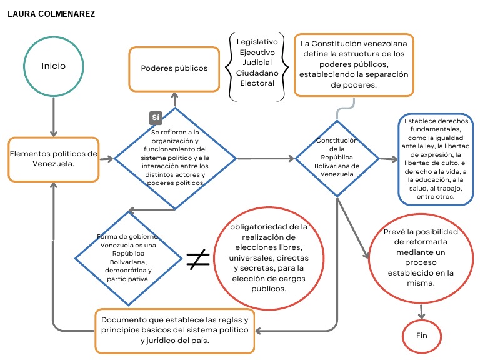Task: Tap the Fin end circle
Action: click(421, 336)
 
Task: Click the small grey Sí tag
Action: click(156, 117)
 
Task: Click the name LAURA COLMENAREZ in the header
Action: click(51, 13)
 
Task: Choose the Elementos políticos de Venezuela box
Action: click(53, 159)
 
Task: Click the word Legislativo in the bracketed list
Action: click(257, 41)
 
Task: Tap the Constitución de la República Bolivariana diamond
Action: click(337, 158)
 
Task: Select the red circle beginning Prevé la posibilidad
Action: click(420, 257)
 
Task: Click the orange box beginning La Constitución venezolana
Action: click(354, 65)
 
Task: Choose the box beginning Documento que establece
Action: click(174, 330)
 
